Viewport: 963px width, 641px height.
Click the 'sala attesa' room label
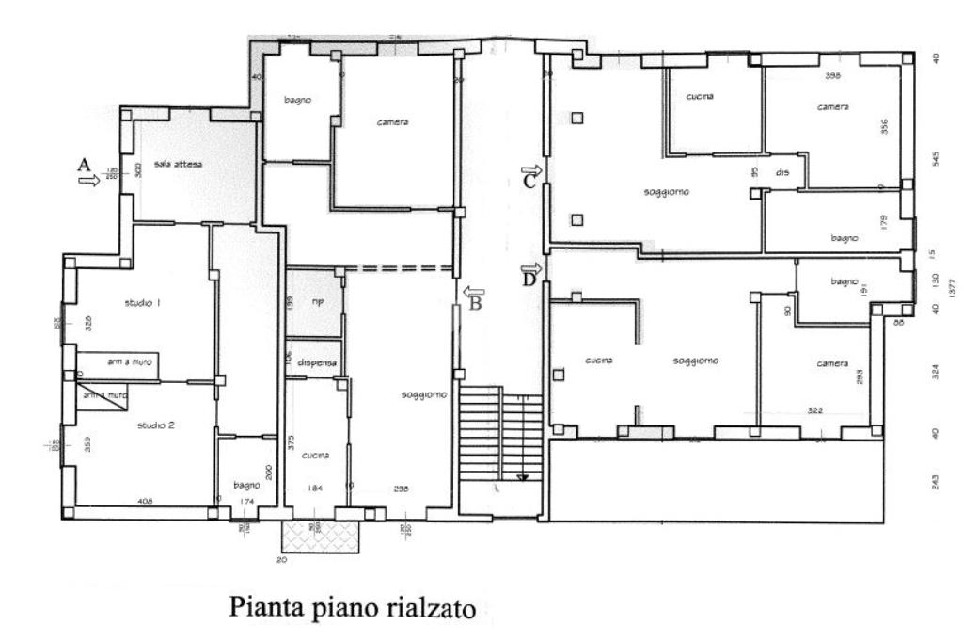pyautogui.click(x=179, y=164)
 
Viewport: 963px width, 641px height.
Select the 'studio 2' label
pyautogui.click(x=156, y=425)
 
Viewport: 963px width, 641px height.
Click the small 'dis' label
pyautogui.click(x=781, y=173)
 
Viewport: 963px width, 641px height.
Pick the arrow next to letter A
pyautogui.click(x=90, y=181)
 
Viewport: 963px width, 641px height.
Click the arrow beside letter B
pyautogui.click(x=473, y=291)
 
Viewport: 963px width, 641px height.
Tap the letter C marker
pyautogui.click(x=529, y=182)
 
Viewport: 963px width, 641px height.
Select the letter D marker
pyautogui.click(x=529, y=279)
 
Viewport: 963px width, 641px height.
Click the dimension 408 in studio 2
pyautogui.click(x=145, y=501)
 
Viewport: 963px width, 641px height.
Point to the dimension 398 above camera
pyautogui.click(x=832, y=75)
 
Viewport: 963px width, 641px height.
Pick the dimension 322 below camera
pyautogui.click(x=814, y=410)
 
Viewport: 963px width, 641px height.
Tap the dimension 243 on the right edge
pyautogui.click(x=935, y=480)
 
